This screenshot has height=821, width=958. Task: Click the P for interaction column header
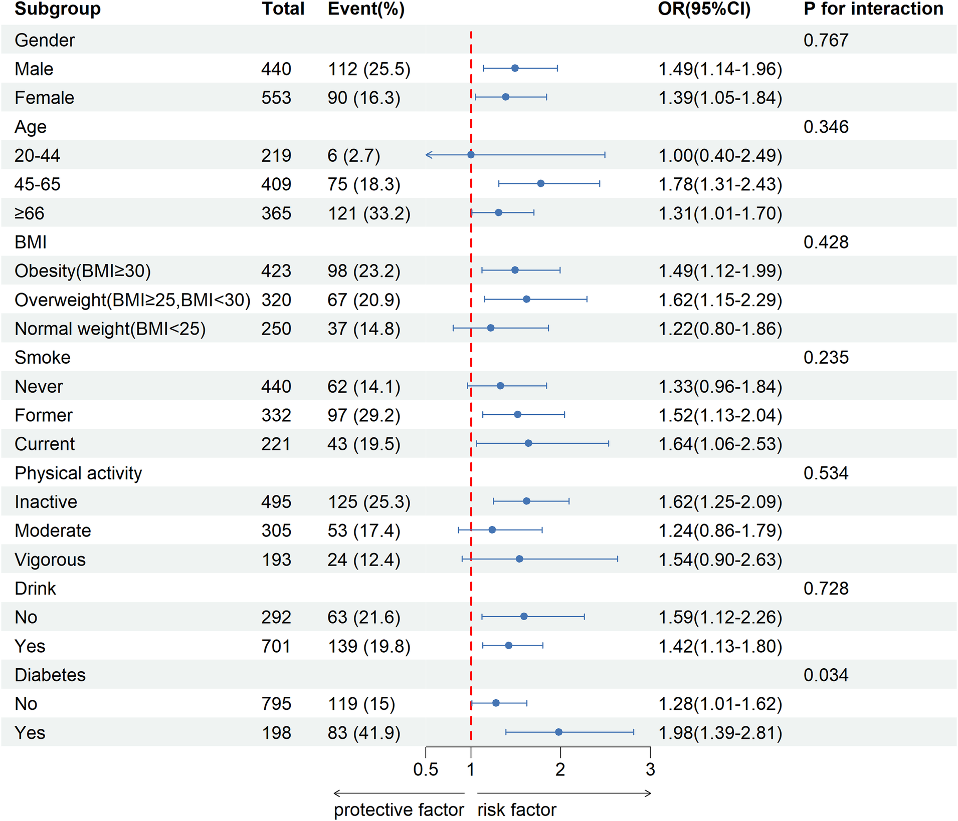pyautogui.click(x=873, y=9)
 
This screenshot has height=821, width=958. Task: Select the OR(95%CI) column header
pyautogui.click(x=704, y=9)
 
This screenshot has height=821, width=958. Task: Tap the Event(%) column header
pyautogui.click(x=366, y=9)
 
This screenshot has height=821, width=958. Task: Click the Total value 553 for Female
pyautogui.click(x=276, y=98)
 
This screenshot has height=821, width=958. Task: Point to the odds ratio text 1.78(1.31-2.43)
pyautogui.click(x=720, y=184)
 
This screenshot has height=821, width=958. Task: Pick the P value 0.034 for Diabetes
pyautogui.click(x=826, y=675)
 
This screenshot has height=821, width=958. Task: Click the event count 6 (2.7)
pyautogui.click(x=354, y=156)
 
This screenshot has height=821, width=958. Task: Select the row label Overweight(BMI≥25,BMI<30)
pyautogui.click(x=132, y=300)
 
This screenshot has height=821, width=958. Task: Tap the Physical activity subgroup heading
pyautogui.click(x=78, y=473)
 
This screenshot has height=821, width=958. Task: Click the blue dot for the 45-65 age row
pyautogui.click(x=540, y=184)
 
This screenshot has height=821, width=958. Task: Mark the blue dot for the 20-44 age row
pyautogui.click(x=471, y=155)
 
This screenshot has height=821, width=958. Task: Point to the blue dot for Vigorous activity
pyautogui.click(x=519, y=559)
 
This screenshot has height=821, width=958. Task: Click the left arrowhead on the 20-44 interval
pyautogui.click(x=428, y=155)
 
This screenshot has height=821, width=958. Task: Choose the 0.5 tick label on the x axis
pyautogui.click(x=426, y=769)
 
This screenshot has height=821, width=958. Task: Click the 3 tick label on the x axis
pyautogui.click(x=650, y=769)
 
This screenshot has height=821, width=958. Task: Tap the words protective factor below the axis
pyautogui.click(x=399, y=809)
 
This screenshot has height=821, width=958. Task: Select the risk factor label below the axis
pyautogui.click(x=517, y=809)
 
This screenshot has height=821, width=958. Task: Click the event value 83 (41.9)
pyautogui.click(x=364, y=733)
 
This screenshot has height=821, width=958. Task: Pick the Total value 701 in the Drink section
pyautogui.click(x=276, y=646)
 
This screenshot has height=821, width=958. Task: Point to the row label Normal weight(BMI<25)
pyautogui.click(x=110, y=329)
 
